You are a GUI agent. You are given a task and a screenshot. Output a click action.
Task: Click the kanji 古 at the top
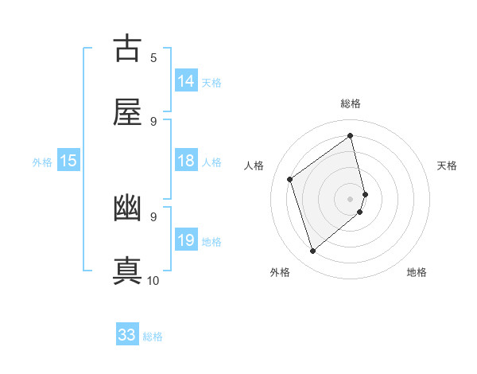pyautogui.click(x=128, y=49)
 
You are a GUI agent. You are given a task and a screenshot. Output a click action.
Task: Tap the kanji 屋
pyautogui.click(x=128, y=111)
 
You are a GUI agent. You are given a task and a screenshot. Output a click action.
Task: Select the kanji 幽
pyautogui.click(x=128, y=208)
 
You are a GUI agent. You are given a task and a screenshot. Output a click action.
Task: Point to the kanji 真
pyautogui.click(x=128, y=269)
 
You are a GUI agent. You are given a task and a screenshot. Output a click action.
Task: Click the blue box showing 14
pyautogui.click(x=186, y=81)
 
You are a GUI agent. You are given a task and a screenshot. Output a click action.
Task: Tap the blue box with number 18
pyautogui.click(x=186, y=162)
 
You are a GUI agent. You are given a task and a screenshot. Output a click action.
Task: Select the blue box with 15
pyautogui.click(x=68, y=162)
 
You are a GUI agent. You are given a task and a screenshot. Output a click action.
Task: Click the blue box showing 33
pyautogui.click(x=127, y=335)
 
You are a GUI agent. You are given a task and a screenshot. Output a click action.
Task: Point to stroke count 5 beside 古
pyautogui.click(x=153, y=57)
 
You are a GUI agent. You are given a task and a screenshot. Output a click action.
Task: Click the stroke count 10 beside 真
pyautogui.click(x=153, y=280)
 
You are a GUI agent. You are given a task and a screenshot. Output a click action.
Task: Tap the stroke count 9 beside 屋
pyautogui.click(x=153, y=121)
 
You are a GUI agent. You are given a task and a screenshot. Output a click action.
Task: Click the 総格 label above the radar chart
pyautogui.click(x=351, y=103)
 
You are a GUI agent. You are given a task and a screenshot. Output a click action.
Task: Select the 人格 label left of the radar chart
pyautogui.click(x=254, y=166)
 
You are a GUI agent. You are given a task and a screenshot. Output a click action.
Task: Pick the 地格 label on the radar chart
pyautogui.click(x=417, y=273)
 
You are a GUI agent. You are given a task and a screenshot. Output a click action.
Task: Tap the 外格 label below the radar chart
pyautogui.click(x=280, y=273)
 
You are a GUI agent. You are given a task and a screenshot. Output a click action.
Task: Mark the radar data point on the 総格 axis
pyautogui.click(x=351, y=136)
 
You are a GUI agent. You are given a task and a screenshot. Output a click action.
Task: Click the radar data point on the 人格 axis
pyautogui.click(x=290, y=179)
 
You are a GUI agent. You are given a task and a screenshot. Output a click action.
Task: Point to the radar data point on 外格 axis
pyautogui.click(x=312, y=251)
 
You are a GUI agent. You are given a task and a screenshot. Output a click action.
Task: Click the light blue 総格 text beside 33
pyautogui.click(x=153, y=337)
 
